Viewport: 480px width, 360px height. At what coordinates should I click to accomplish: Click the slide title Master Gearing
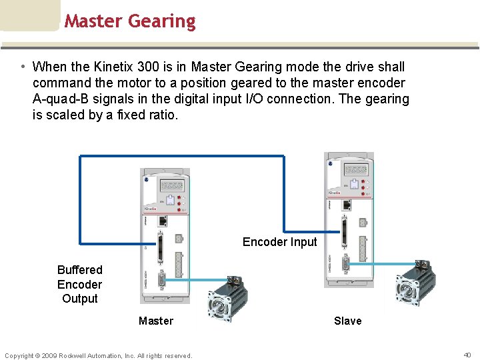coord(130,21)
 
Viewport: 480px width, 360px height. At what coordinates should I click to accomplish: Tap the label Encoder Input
coord(279,242)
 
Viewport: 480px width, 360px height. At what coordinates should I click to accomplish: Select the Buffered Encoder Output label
coord(79,284)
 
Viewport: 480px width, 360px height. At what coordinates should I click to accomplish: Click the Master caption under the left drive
coord(155,321)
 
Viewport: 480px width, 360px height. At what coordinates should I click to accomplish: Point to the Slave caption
coord(347,321)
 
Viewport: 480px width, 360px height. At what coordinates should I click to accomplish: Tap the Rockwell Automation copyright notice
coord(99,355)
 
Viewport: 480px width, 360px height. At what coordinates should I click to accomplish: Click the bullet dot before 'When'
coord(23,67)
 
